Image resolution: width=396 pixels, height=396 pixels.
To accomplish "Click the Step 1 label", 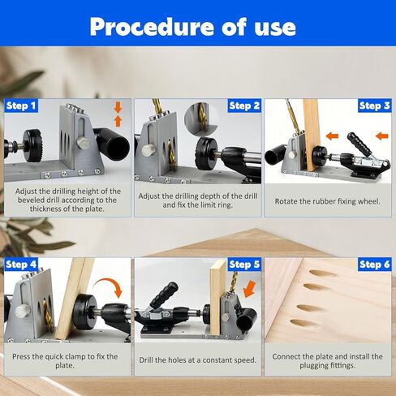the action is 21,105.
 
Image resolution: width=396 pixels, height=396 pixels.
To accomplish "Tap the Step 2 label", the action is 244,105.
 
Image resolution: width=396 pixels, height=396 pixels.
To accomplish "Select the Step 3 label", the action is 375,105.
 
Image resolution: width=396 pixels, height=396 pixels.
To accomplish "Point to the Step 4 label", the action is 21,265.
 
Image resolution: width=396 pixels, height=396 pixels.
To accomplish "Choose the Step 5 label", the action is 244,265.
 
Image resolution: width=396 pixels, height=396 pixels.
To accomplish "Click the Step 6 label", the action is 375,265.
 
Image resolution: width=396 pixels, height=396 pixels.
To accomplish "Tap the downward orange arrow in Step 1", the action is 118,107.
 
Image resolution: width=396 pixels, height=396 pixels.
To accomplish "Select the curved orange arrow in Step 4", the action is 108,286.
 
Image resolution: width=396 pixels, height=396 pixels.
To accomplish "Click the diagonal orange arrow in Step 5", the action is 249,289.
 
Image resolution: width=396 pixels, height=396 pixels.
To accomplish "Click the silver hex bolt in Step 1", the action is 83,143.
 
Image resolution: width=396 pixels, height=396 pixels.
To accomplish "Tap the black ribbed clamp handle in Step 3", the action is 359,144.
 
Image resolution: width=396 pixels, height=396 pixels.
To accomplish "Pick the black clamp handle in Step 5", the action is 164,295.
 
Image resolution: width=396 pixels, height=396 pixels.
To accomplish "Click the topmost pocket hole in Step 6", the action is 322,273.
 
